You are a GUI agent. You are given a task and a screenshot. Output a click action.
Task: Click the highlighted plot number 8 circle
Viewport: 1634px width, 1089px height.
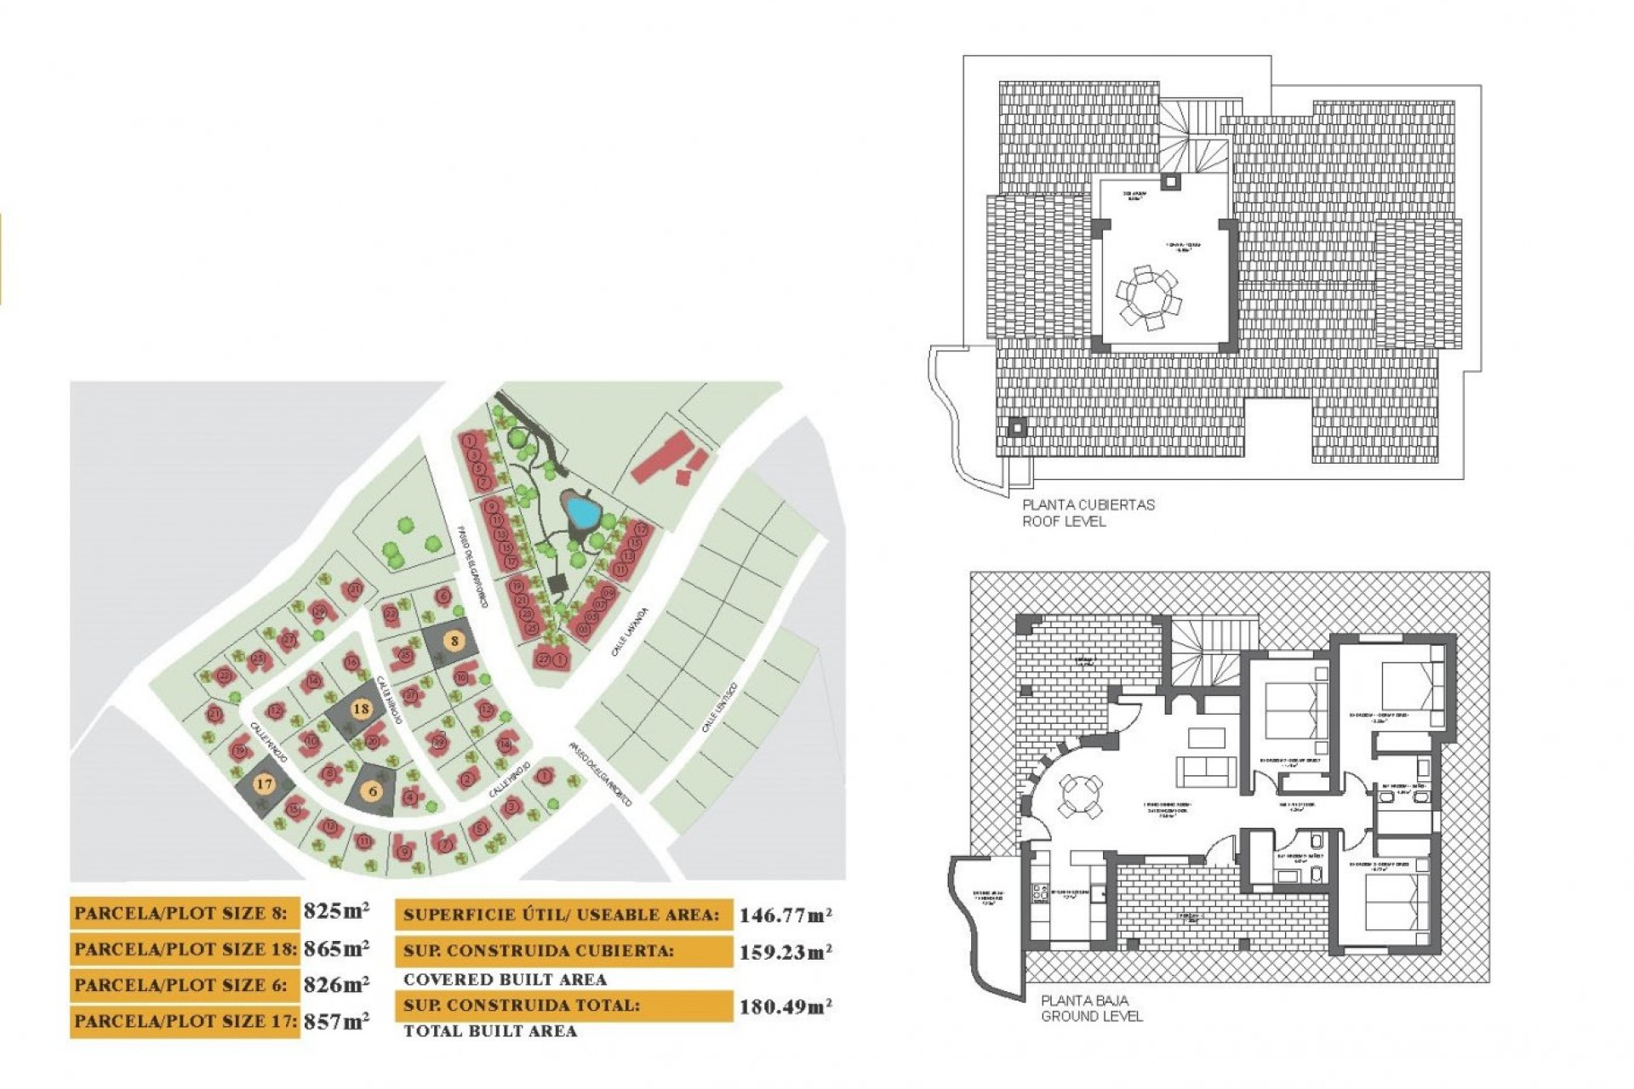pos(455,641)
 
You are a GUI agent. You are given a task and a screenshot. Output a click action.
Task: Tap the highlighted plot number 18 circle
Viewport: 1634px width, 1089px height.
pos(361,708)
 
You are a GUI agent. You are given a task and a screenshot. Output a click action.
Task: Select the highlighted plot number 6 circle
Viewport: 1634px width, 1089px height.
pos(373,791)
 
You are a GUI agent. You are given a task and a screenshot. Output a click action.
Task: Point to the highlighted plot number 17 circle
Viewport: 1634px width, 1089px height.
pos(264,784)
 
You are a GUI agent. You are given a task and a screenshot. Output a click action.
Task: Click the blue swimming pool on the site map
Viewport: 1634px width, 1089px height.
pos(583,511)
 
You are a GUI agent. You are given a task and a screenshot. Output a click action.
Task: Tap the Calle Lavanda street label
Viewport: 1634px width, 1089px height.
pos(630,631)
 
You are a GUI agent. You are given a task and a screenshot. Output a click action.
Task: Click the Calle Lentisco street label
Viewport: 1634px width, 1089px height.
pos(719,708)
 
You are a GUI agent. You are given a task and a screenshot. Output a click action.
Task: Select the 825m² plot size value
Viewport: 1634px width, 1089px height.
pos(336,911)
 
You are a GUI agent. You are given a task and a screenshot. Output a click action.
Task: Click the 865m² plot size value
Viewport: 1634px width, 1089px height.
pos(336,948)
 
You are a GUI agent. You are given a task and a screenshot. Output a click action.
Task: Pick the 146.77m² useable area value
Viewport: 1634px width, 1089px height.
pos(785,915)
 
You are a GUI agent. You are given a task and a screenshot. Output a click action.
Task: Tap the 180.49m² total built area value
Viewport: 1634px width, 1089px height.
pos(785,1007)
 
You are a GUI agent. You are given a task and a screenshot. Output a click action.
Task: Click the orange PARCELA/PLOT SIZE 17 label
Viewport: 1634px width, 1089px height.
pos(185,1021)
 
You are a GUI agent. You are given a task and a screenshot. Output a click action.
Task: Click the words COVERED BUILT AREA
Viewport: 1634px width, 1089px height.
pos(505,979)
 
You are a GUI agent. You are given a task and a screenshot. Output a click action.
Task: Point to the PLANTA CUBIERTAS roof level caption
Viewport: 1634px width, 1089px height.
pos(1088,512)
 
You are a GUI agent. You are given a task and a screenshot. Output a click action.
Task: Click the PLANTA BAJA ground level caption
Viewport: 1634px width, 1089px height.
pos(1091,1008)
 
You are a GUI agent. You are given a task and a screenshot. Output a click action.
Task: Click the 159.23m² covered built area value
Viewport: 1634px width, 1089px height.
pos(785,952)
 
